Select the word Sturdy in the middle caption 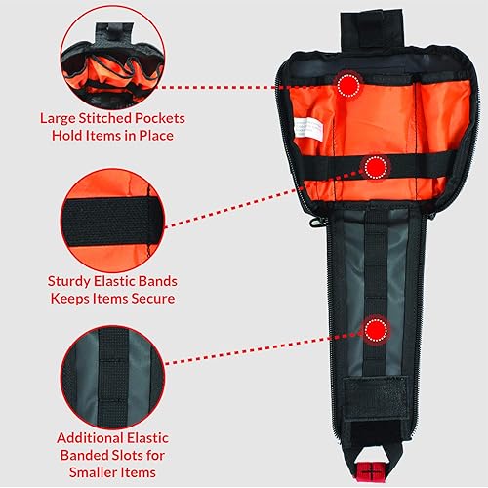tap(72, 281)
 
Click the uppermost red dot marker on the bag tap(347, 86)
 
